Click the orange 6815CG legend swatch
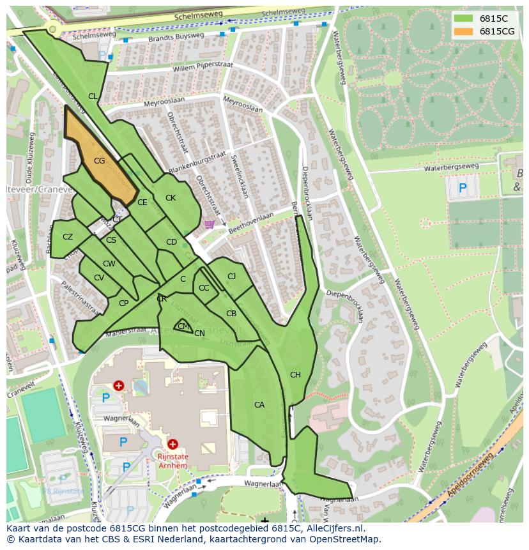coord(464,31)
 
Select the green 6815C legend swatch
coord(464,19)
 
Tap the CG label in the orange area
coord(99,161)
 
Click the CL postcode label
coord(93,96)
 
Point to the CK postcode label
coord(171,198)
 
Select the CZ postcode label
coord(68,237)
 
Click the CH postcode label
coord(295,375)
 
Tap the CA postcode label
coord(259,405)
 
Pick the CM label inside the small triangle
coord(183,326)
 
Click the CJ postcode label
coord(231,277)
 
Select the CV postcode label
coord(99,278)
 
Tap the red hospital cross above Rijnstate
coord(172,444)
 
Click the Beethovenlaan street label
coord(251,220)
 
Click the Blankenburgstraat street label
coord(197,162)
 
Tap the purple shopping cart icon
coord(210,224)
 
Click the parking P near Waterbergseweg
coord(463,188)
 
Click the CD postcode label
coord(171,242)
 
